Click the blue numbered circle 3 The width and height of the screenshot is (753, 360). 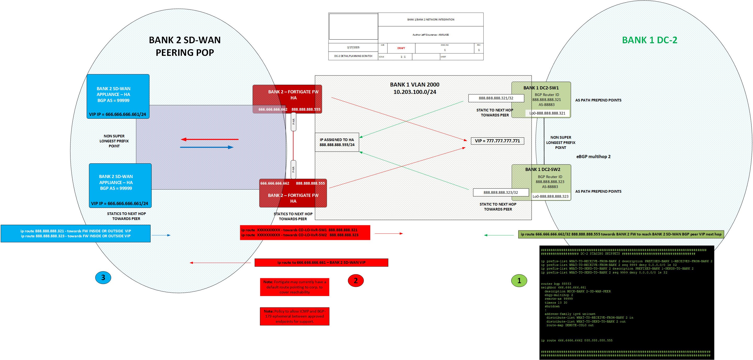point(103,277)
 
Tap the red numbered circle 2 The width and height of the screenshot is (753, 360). point(356,281)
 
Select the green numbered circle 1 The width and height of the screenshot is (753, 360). point(519,281)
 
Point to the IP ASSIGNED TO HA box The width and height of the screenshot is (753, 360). point(337,142)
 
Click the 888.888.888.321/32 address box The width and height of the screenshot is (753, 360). point(496,98)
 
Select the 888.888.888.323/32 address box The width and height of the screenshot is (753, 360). point(500,192)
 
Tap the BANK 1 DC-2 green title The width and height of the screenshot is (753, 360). point(649,40)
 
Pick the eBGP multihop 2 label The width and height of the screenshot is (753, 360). point(593,157)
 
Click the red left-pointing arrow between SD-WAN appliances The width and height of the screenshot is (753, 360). point(210,139)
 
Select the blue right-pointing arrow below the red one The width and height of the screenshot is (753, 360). point(207,147)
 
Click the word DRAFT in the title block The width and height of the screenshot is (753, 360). point(401,48)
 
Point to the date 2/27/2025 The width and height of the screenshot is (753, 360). point(353,47)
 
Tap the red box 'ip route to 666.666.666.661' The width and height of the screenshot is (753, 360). point(321,262)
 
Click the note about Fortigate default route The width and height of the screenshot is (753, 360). point(294,287)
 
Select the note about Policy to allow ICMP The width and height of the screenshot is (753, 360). point(294,316)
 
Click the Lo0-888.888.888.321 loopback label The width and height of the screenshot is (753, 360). point(547,113)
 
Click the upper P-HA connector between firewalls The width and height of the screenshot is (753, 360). point(293,122)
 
